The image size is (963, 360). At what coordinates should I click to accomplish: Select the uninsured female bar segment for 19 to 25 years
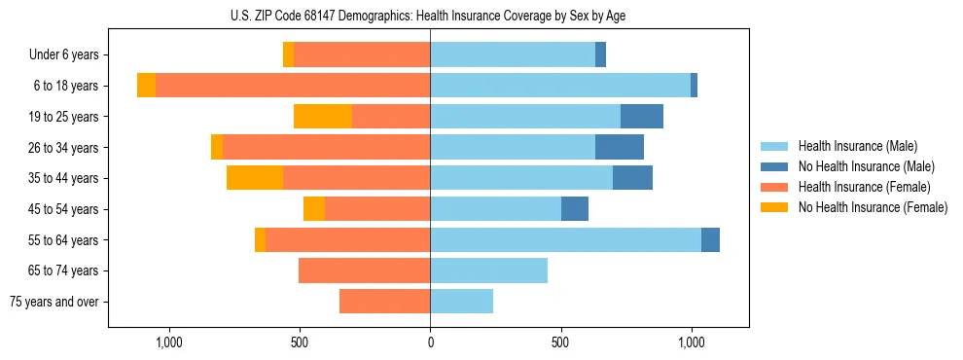[322, 117]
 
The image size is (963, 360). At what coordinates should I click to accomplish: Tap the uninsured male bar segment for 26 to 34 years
[620, 147]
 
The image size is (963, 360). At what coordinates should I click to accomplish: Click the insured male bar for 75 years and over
[461, 302]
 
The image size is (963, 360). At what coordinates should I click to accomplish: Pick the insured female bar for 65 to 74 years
[364, 270]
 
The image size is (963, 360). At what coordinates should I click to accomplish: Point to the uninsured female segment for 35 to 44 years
[255, 178]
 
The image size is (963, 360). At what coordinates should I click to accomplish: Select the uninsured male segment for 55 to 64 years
[710, 239]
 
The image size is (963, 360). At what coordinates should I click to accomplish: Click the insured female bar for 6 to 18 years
[293, 86]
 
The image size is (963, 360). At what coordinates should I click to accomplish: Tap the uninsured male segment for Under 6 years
[600, 54]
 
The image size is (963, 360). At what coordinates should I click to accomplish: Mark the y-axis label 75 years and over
[54, 302]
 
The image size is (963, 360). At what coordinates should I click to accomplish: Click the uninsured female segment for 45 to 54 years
[313, 209]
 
